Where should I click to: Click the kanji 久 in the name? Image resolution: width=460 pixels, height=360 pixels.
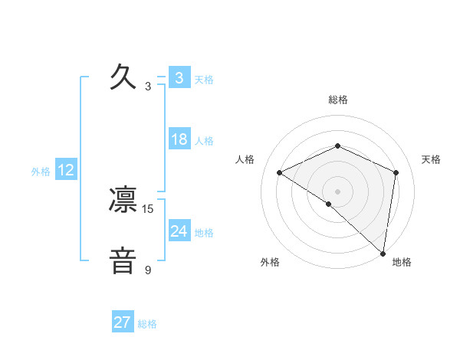(123, 77)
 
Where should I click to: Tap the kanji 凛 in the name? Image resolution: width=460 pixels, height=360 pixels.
(123, 200)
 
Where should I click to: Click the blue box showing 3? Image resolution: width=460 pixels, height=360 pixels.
(179, 77)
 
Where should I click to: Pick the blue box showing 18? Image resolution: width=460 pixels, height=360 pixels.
(179, 139)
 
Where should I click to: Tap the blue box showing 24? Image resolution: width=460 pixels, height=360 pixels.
(179, 231)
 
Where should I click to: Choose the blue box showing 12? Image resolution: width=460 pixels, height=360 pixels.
(66, 170)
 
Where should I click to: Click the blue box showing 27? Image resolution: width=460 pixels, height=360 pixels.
(123, 322)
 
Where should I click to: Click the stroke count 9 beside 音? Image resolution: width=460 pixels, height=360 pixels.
(148, 270)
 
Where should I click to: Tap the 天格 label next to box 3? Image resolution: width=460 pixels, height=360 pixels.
(204, 79)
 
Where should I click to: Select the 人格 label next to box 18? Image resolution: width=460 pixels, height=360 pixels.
(204, 141)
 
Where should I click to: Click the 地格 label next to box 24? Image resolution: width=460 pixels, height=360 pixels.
(204, 232)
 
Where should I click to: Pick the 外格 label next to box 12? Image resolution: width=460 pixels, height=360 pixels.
(41, 172)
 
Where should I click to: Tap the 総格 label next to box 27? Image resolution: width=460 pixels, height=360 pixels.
(148, 323)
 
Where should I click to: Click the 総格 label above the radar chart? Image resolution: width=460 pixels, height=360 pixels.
(338, 100)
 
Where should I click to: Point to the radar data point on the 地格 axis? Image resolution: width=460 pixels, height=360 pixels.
(383, 253)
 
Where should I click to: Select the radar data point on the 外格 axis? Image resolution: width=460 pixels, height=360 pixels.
(329, 204)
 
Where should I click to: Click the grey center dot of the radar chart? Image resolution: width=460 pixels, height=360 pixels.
(337, 191)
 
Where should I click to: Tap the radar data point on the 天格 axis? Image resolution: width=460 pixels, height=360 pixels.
(396, 172)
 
